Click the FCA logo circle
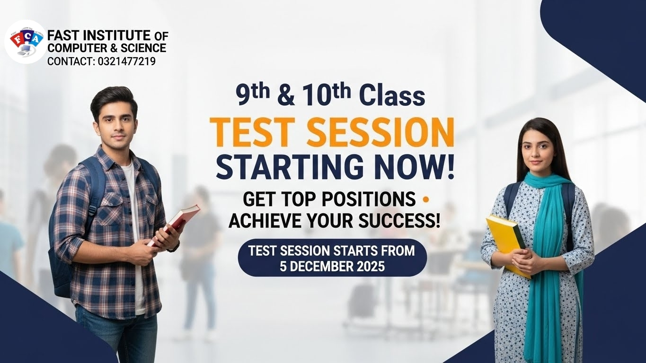pyautogui.click(x=26, y=41)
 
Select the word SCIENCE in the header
pyautogui.click(x=143, y=48)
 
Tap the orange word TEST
pyautogui.click(x=253, y=132)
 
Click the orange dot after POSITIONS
pyautogui.click(x=424, y=199)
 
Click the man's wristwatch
pyautogui.click(x=174, y=247)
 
